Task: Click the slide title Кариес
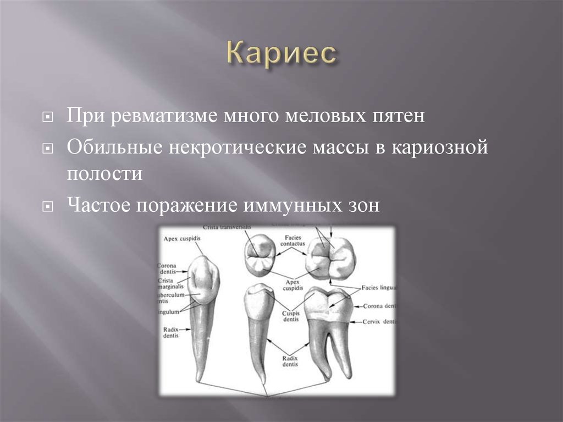tap(281, 54)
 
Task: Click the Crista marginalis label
tap(173, 283)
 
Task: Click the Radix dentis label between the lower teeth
tap(290, 361)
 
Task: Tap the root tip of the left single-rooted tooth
tap(201, 380)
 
